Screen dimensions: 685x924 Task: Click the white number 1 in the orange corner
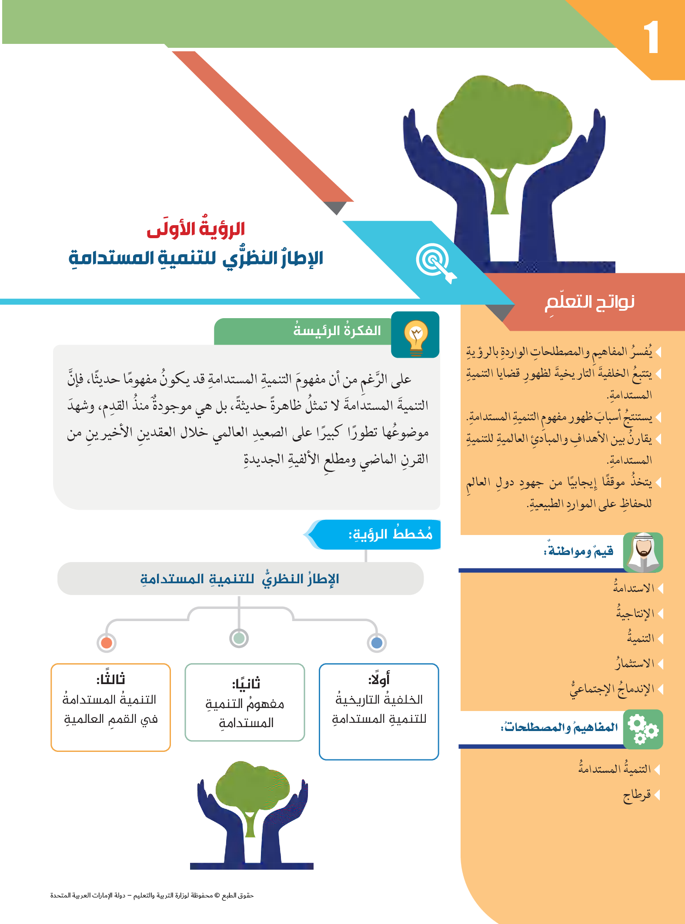click(651, 37)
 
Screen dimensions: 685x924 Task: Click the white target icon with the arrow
click(435, 263)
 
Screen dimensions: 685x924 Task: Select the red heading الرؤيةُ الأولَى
click(196, 228)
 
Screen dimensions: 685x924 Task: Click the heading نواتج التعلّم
click(590, 302)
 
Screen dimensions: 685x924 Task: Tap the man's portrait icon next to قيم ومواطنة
click(643, 552)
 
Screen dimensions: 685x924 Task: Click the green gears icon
click(643, 729)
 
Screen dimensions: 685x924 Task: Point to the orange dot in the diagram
click(107, 642)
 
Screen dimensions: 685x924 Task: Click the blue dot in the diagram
click(377, 642)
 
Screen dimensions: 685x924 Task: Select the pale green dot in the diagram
click(239, 638)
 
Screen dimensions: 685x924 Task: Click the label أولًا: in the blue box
click(379, 679)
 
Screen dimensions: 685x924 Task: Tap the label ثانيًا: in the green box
click(246, 684)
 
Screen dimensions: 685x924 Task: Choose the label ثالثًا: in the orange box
click(110, 678)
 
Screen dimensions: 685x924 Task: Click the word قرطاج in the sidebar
click(637, 795)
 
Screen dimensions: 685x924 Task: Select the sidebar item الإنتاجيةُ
click(635, 613)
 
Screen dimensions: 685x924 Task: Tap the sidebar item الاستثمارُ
click(635, 663)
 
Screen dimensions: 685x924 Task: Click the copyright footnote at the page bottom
click(152, 895)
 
